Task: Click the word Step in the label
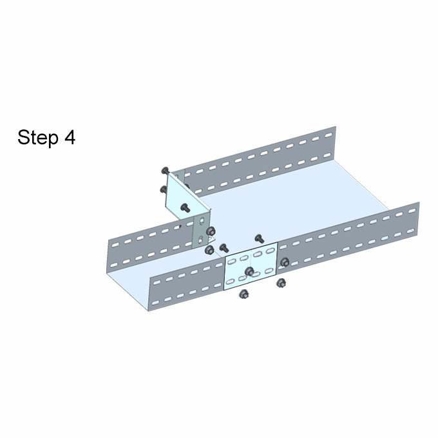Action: (38, 137)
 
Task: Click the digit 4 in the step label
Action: (70, 137)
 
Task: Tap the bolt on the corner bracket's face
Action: (185, 207)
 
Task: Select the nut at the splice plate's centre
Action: (249, 271)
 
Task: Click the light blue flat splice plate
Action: (251, 266)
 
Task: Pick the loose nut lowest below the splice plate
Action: (244, 294)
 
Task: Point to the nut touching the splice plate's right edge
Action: (284, 262)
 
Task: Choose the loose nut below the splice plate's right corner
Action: (281, 283)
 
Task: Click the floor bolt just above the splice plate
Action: (259, 238)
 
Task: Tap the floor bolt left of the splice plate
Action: (224, 247)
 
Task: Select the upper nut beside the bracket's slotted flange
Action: (211, 231)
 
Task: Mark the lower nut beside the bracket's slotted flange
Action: (209, 250)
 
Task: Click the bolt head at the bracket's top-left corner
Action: (166, 170)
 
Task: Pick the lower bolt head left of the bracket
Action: (164, 189)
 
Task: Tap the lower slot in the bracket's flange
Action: (200, 240)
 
